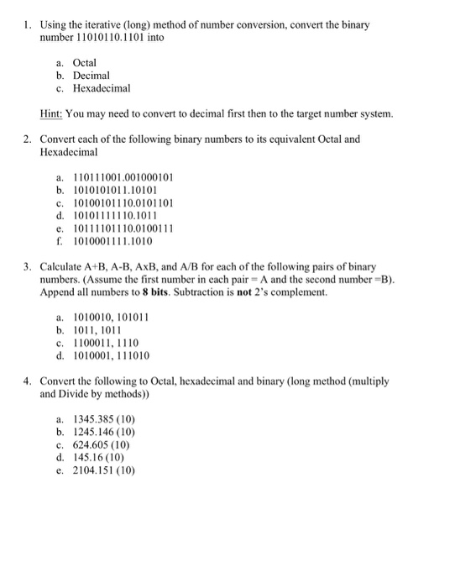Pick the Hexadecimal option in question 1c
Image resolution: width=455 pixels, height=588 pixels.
[102, 87]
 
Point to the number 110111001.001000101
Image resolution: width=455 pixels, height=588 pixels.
[123, 178]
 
